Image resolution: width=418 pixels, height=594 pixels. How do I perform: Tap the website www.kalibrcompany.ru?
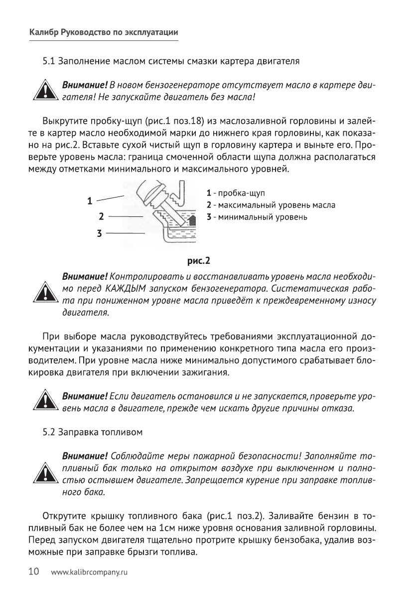click(90, 573)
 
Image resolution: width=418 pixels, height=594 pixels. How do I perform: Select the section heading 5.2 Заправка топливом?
click(93, 432)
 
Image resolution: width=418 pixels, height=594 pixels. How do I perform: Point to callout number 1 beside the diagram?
click(90, 201)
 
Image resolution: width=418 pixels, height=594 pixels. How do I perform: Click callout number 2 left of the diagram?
click(101, 217)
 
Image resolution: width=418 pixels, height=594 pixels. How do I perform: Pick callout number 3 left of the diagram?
click(99, 233)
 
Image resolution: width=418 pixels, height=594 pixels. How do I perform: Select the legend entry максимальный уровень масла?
click(274, 205)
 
